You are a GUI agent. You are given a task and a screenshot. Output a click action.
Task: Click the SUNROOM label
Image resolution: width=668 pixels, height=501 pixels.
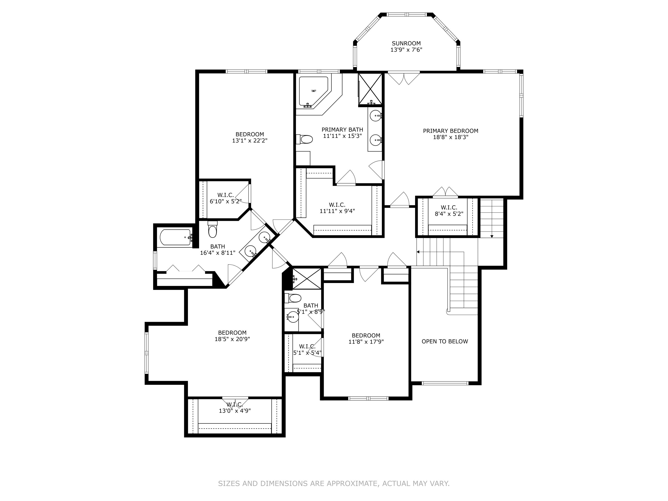pos(406,43)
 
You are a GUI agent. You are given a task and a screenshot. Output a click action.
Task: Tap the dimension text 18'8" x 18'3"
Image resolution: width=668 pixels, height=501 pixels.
pos(451,137)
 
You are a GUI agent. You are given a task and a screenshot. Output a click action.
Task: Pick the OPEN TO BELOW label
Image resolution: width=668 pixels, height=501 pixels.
pos(444,342)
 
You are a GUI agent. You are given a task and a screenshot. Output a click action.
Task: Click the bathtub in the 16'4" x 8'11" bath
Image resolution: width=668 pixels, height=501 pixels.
pos(175,237)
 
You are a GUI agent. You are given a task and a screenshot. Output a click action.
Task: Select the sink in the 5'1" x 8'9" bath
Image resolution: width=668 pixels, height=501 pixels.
pos(292,317)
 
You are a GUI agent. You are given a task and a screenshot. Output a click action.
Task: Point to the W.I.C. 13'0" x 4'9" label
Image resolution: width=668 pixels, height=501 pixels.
pos(235,408)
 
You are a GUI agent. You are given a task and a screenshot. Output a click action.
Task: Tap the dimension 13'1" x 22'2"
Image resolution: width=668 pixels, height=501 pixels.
pos(250,141)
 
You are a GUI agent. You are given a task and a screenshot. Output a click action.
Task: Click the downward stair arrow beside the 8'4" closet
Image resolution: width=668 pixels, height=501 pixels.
pos(492,236)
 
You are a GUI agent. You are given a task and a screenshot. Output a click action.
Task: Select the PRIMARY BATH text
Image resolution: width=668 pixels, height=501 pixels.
pos(342,130)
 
